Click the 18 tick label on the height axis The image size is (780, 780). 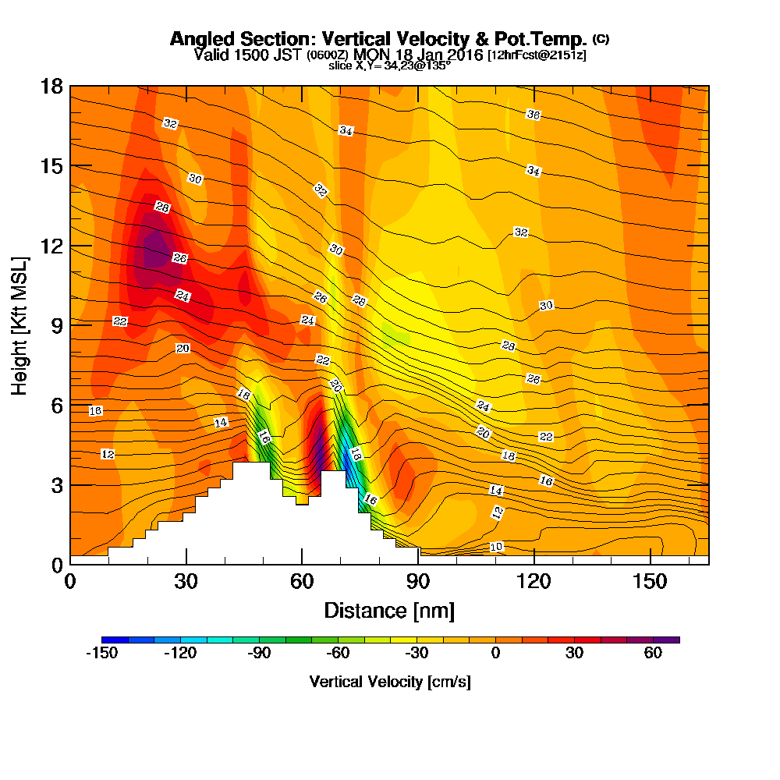51,86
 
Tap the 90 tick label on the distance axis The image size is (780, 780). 418,582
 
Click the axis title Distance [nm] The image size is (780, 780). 389,610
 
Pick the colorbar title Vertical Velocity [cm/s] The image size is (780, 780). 390,682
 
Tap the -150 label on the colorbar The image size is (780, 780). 101,654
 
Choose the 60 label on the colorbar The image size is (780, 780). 654,654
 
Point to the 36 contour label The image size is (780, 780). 534,115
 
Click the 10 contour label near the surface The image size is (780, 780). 496,547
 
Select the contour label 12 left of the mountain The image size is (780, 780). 108,454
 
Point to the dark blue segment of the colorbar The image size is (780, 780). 114,640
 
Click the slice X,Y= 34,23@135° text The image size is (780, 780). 389,66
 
